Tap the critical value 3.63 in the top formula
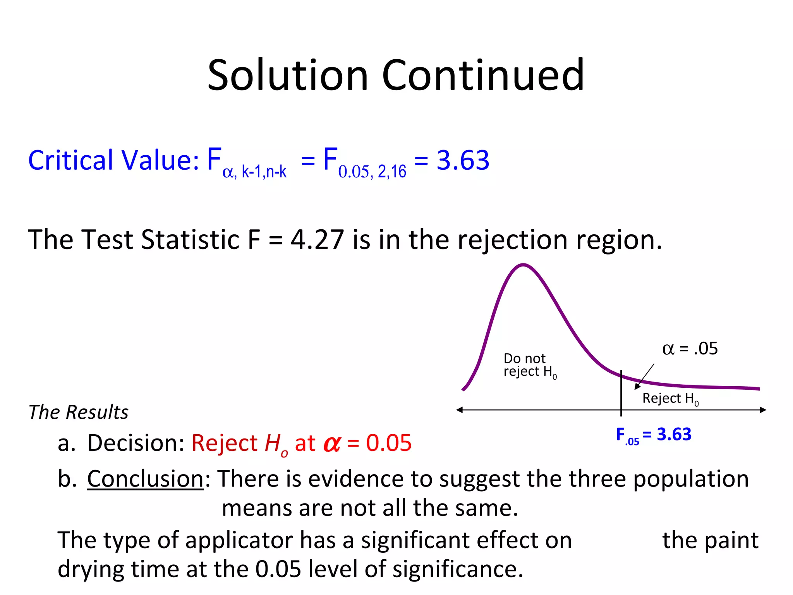(463, 160)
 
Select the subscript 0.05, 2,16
(372, 172)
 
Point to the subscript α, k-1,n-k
(254, 172)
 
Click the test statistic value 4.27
(317, 239)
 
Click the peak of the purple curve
(523, 265)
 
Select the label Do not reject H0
(529, 365)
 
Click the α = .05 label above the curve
(690, 349)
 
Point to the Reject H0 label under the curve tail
(670, 399)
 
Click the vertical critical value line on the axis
(621, 393)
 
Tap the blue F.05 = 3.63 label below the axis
(654, 435)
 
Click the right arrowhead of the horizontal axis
(763, 410)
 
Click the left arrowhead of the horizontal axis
(460, 410)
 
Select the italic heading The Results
(79, 412)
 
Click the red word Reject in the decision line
(225, 443)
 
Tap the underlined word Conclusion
(145, 479)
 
